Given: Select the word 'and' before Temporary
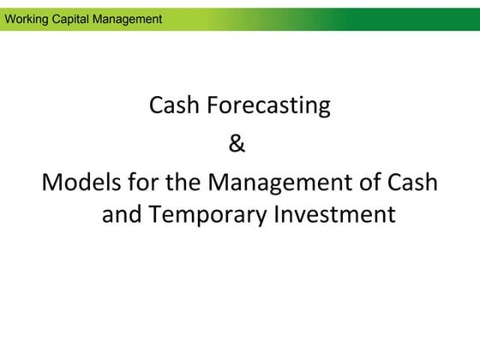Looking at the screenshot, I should click(x=122, y=213).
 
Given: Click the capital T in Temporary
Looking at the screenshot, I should click(x=154, y=213).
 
